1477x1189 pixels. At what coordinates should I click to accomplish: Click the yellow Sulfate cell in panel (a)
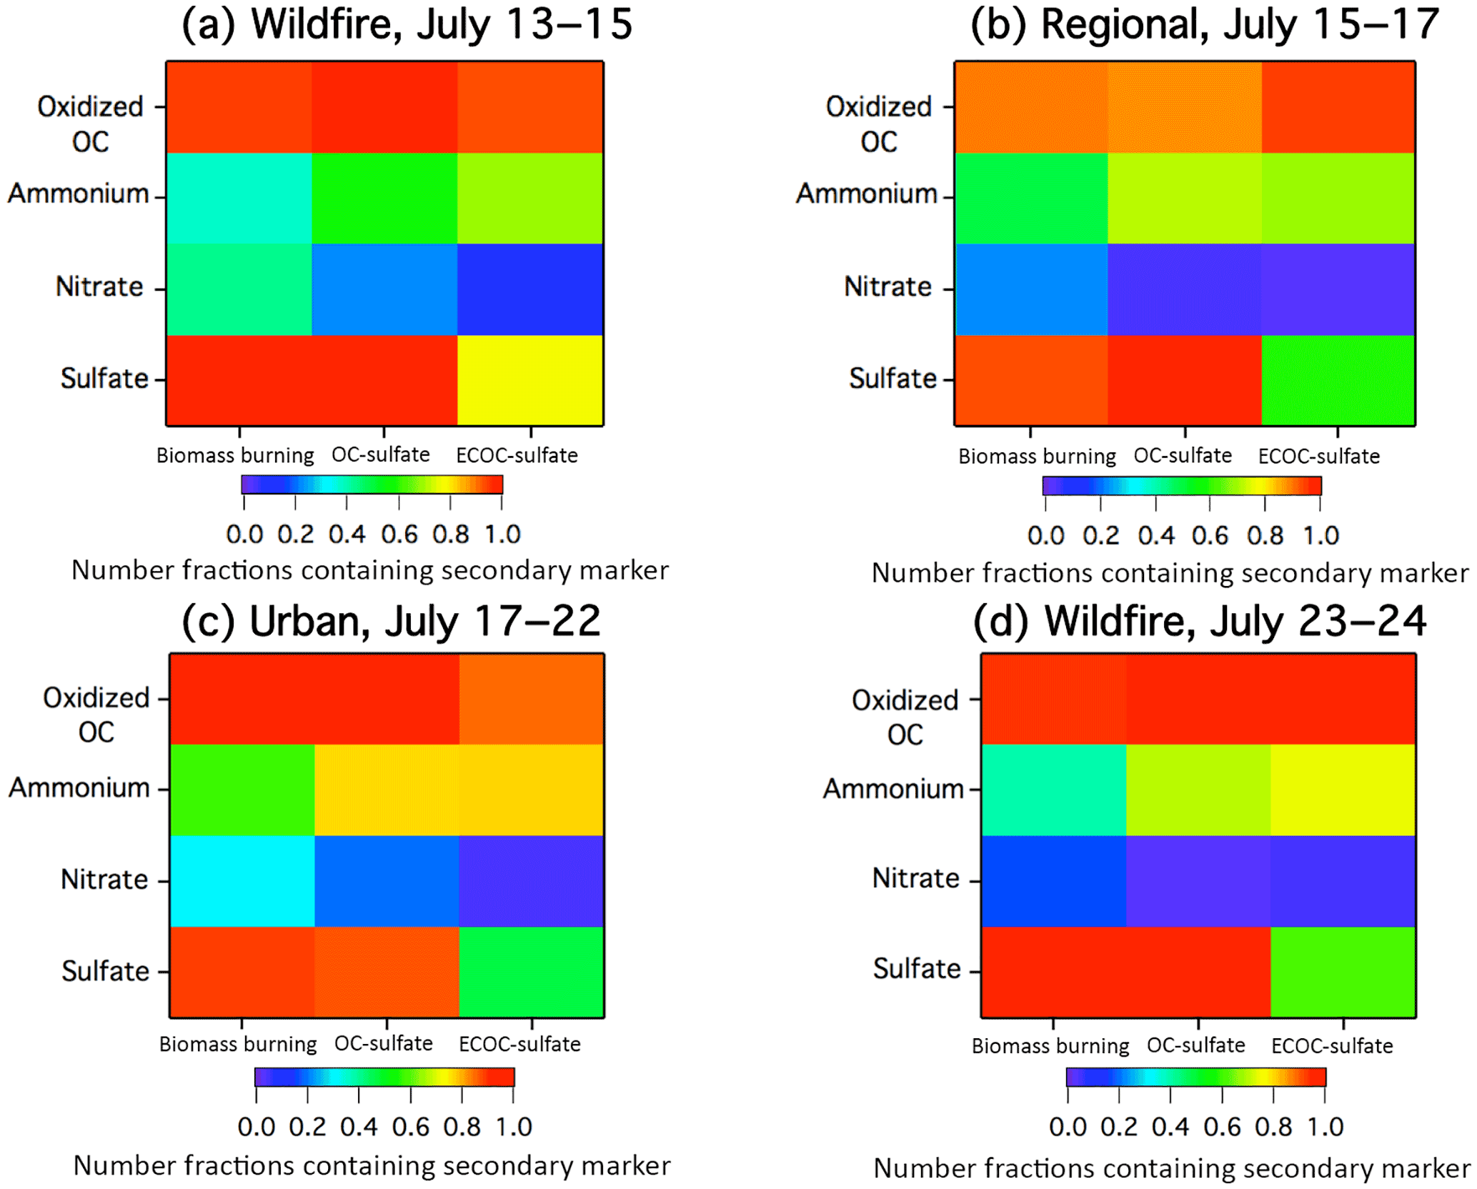529,380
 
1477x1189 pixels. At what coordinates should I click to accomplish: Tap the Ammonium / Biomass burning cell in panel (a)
239,199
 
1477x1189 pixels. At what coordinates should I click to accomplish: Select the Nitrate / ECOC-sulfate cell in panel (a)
529,289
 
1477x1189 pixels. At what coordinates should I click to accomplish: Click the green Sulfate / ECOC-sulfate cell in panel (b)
1338,380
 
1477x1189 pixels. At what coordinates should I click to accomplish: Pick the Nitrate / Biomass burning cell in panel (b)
1032,289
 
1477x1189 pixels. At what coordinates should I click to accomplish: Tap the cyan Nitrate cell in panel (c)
242,881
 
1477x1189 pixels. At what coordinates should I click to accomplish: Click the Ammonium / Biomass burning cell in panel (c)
242,790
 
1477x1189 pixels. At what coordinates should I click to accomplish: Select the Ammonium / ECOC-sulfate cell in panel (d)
1343,790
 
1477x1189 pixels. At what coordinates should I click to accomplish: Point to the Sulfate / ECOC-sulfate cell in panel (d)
1343,972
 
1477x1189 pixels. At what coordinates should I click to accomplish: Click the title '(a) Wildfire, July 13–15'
407,24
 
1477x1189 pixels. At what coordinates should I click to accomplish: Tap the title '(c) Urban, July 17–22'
391,621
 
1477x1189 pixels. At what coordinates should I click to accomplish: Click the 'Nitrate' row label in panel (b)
887,287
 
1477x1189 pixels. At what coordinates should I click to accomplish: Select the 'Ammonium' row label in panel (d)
893,789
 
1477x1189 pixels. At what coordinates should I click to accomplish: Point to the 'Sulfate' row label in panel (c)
106,971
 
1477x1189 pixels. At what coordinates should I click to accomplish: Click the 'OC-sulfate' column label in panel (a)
381,454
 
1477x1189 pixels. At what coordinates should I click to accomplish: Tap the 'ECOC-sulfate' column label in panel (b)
1319,456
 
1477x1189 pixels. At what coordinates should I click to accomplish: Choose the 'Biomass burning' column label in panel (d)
1050,1046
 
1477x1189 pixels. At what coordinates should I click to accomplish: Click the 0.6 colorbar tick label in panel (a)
399,534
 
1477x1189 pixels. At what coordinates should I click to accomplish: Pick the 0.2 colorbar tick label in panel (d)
1119,1127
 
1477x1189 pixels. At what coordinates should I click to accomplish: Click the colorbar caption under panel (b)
1170,573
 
